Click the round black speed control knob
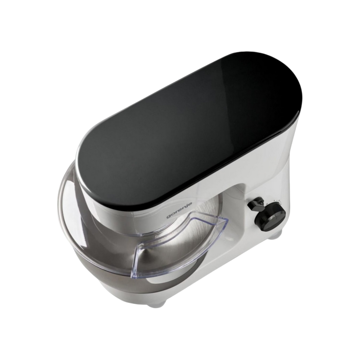tap(270, 215)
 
